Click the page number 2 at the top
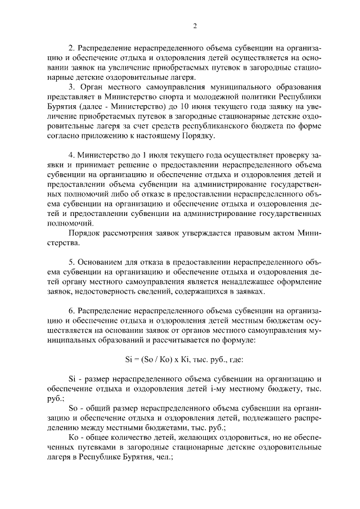(x=195, y=25)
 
